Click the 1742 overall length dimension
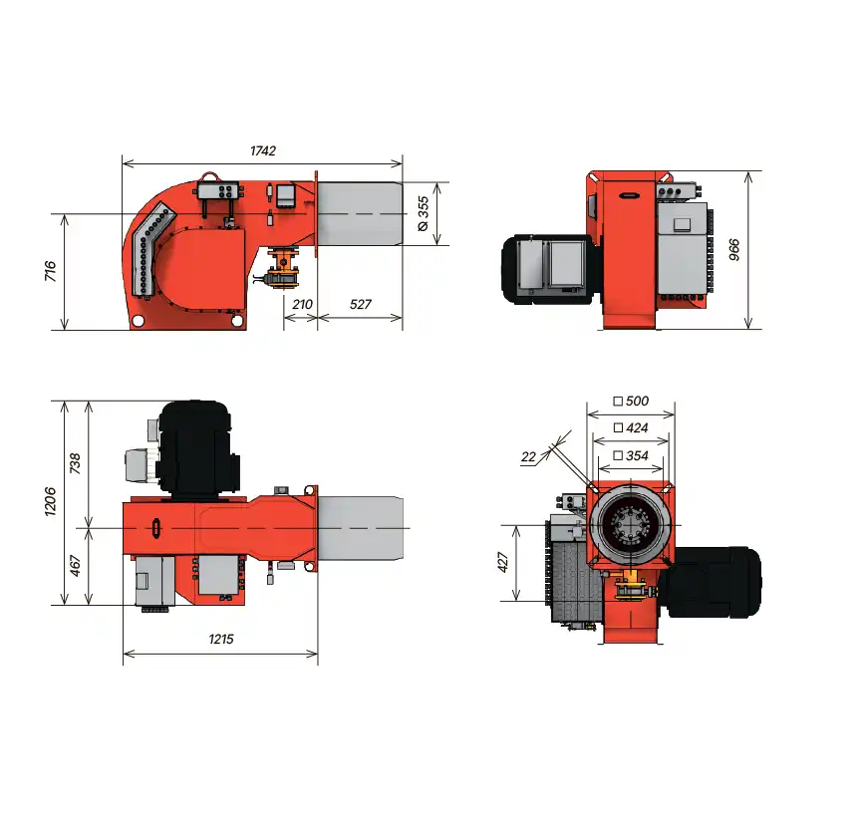[263, 150]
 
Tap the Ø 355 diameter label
[423, 214]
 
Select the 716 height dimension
[50, 271]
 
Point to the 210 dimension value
[302, 304]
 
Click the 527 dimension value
[361, 304]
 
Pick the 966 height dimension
[733, 250]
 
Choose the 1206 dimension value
[50, 501]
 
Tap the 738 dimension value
[75, 463]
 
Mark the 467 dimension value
[75, 566]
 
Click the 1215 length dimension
[221, 639]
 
